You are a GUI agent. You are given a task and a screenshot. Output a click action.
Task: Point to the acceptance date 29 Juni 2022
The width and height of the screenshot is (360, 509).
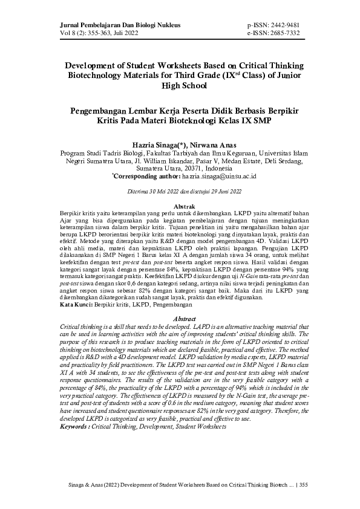point(220,192)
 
